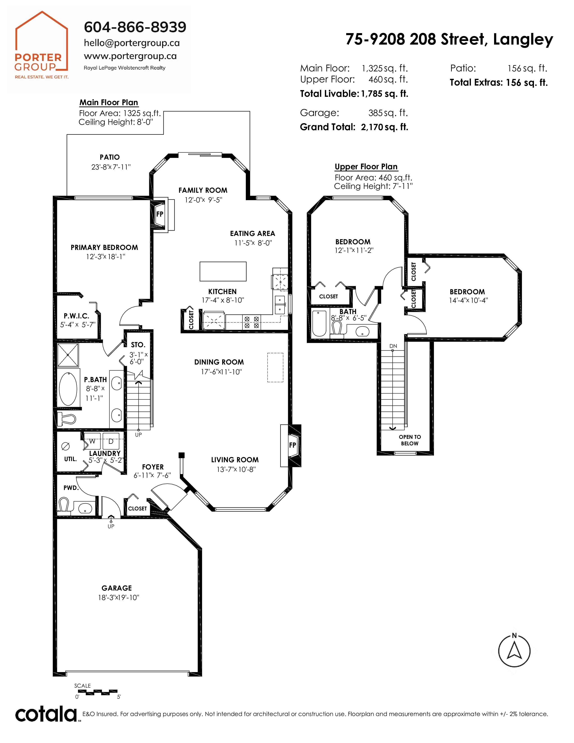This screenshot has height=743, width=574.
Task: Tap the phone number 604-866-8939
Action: point(135,27)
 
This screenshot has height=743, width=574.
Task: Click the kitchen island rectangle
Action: point(223,271)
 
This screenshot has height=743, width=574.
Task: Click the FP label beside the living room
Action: point(292,445)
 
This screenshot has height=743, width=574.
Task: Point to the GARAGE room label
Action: point(117,588)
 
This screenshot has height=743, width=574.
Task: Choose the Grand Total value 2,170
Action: point(372,127)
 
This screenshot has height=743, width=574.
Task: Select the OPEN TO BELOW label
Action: point(410,440)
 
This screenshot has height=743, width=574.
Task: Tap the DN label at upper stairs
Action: point(393,346)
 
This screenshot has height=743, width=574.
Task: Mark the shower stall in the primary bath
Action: point(68,355)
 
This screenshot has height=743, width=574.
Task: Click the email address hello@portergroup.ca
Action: point(132,43)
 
